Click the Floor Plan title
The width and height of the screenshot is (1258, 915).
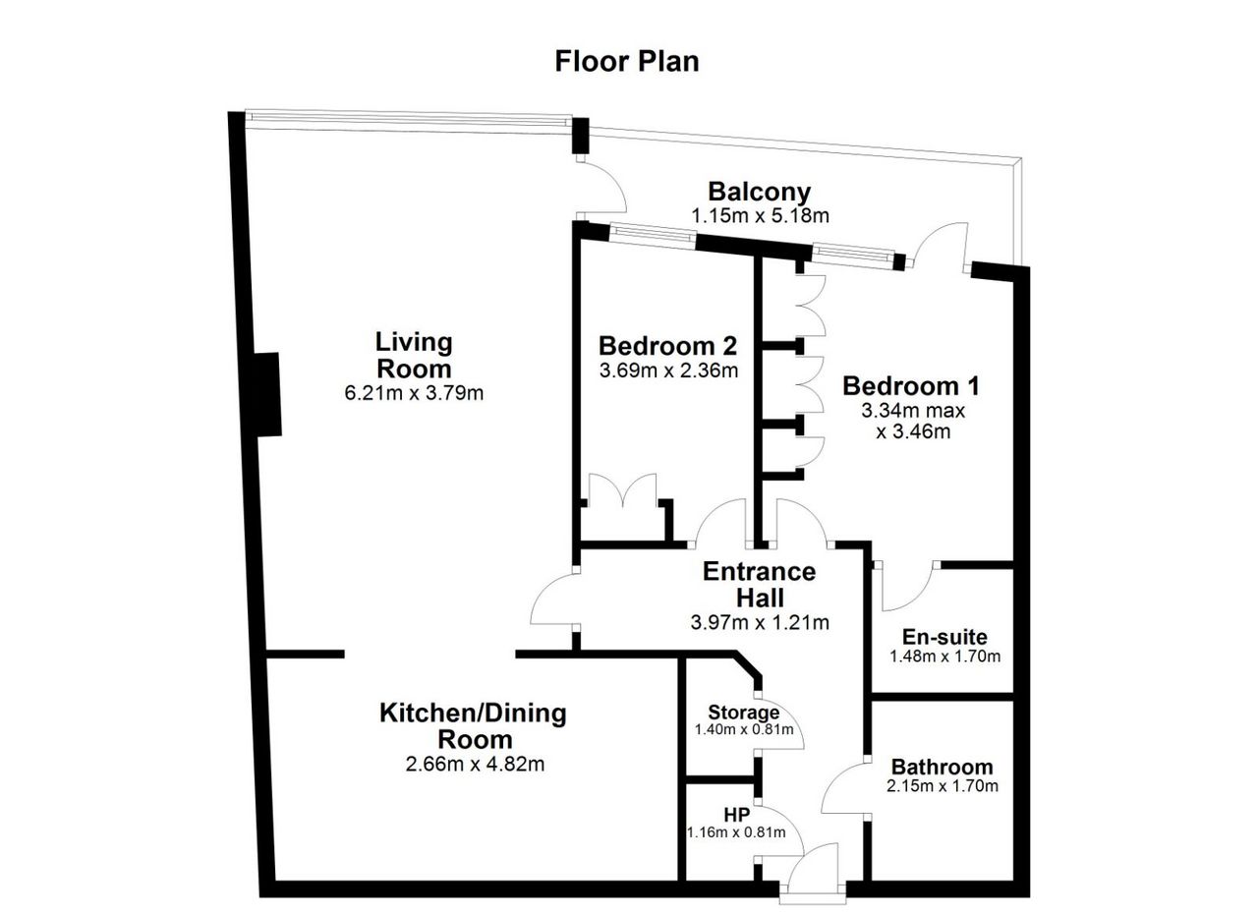(x=627, y=62)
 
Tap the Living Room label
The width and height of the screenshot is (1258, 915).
(x=414, y=355)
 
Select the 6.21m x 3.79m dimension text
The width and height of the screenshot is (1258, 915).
(x=414, y=392)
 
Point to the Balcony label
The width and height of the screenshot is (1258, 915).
(x=760, y=193)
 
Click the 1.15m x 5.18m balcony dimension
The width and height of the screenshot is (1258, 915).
(x=760, y=215)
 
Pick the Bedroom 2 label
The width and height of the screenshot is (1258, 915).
(x=667, y=346)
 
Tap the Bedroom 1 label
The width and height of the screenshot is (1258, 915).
(x=911, y=386)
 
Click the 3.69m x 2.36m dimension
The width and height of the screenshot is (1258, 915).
(x=668, y=371)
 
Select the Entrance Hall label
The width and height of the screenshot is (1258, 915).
(x=760, y=585)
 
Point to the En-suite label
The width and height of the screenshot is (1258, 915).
(x=944, y=637)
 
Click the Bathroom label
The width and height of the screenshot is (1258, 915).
(x=943, y=767)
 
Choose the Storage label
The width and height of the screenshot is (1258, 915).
(x=744, y=713)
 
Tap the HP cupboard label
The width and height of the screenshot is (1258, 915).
(x=736, y=815)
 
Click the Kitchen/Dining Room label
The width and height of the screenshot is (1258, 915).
(x=474, y=725)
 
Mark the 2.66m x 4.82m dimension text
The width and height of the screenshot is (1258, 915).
(x=475, y=765)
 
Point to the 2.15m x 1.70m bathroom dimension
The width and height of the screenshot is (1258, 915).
(x=943, y=786)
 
